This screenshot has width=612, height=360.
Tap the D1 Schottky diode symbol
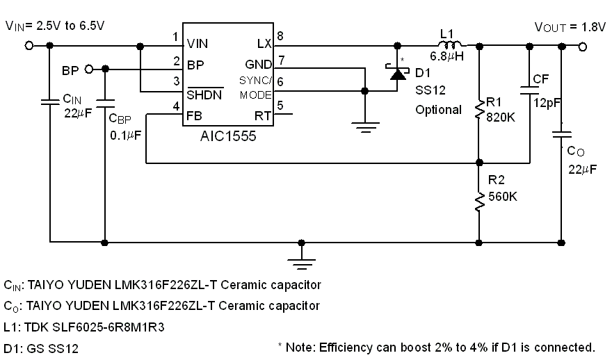pyautogui.click(x=398, y=72)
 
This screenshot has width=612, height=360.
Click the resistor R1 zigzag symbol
pyautogui.click(x=479, y=109)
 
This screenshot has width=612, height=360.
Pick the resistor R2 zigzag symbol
pyautogui.click(x=479, y=202)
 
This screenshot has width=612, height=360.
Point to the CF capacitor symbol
pyautogui.click(x=530, y=88)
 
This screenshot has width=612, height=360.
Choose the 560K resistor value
pyautogui.click(x=502, y=196)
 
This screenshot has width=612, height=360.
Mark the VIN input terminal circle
pyautogui.click(x=29, y=46)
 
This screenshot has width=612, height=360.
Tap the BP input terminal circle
pyautogui.click(x=88, y=69)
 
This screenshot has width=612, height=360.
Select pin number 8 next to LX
pyautogui.click(x=280, y=36)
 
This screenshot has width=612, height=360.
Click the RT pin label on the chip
pyautogui.click(x=263, y=115)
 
